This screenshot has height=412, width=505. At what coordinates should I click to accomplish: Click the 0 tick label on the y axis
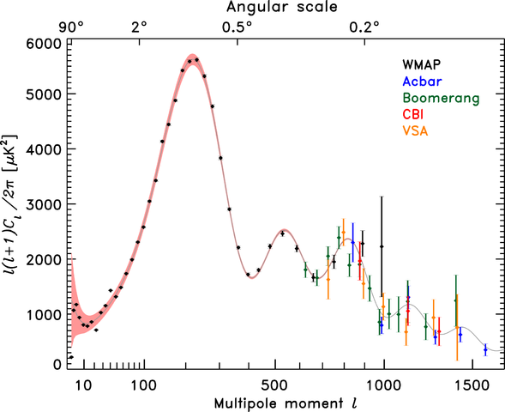[57, 365]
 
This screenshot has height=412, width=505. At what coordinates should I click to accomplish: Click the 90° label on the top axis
[71, 26]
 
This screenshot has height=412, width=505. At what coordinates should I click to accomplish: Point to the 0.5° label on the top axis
[237, 26]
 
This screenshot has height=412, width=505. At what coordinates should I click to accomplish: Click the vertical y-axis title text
[13, 203]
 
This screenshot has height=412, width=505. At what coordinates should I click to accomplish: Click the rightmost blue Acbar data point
[485, 349]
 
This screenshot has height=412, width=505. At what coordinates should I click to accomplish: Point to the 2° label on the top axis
[139, 26]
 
